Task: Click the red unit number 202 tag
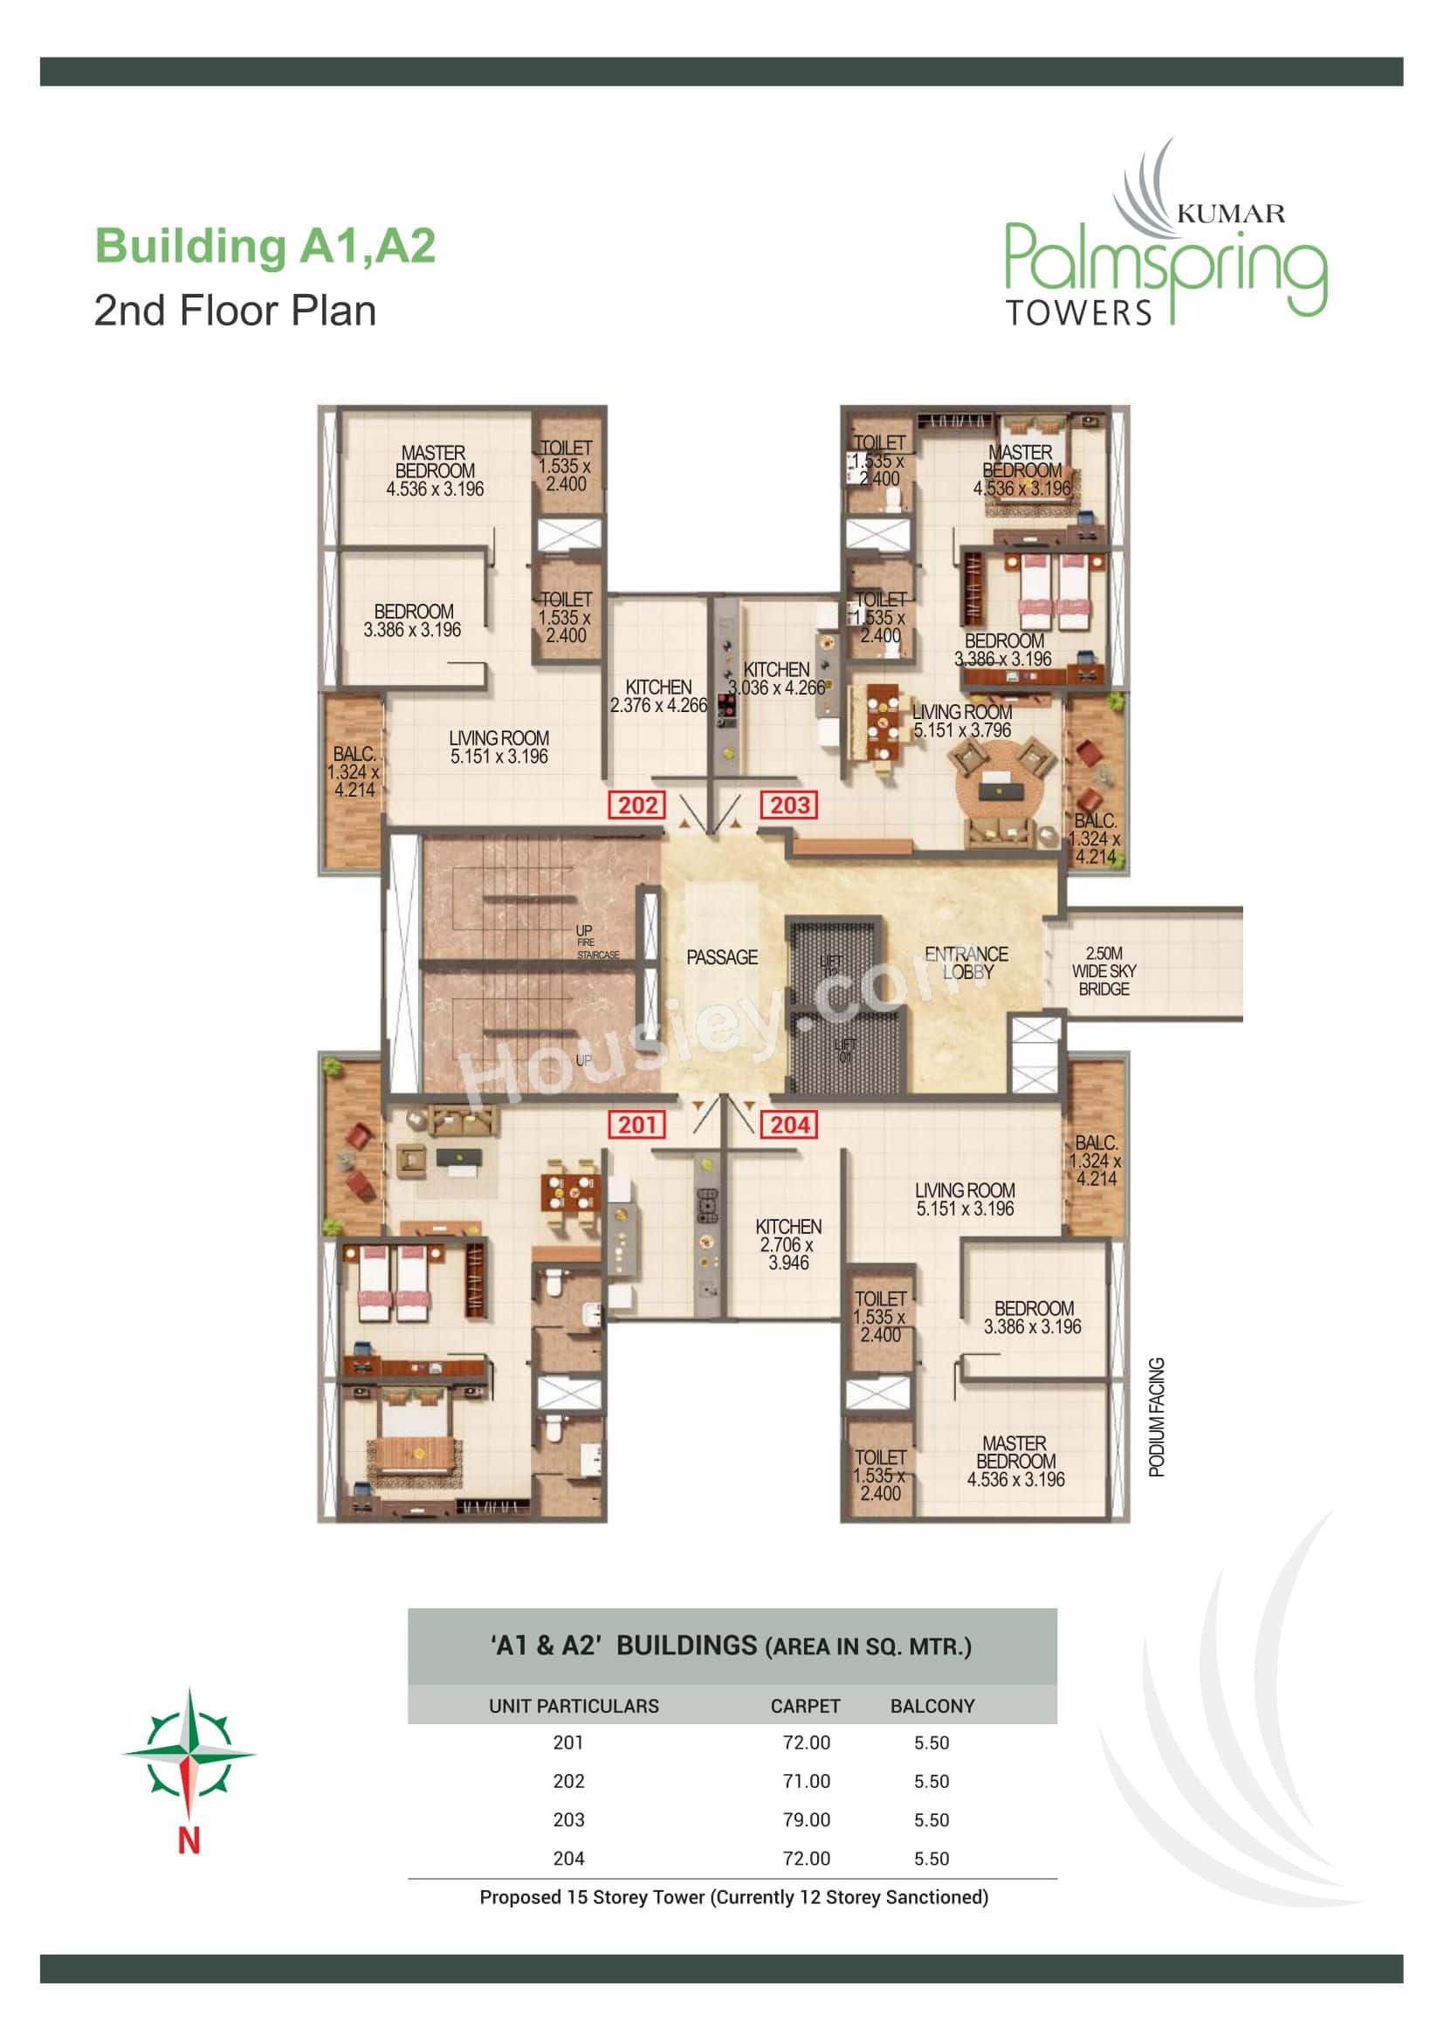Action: (x=637, y=805)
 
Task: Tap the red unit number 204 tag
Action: (x=789, y=1125)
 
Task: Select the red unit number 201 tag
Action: (x=637, y=1125)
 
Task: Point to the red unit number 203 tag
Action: (x=789, y=805)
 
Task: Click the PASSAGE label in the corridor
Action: (x=722, y=957)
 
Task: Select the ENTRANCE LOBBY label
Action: (x=966, y=962)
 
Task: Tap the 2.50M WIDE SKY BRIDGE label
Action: (x=1104, y=970)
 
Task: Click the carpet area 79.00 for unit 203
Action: (x=807, y=1819)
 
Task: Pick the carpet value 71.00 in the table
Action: (x=807, y=1782)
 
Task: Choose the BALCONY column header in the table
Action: (x=932, y=1707)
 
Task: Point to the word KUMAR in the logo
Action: (x=1231, y=213)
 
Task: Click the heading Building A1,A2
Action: (x=265, y=246)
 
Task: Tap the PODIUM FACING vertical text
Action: (x=1157, y=1417)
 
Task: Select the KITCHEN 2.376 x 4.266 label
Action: (x=658, y=696)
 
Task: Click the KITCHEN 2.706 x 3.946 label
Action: (x=788, y=1244)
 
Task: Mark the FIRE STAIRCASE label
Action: (x=597, y=949)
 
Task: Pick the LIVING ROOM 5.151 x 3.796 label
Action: (x=962, y=721)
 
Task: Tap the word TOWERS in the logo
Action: (x=1078, y=313)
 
